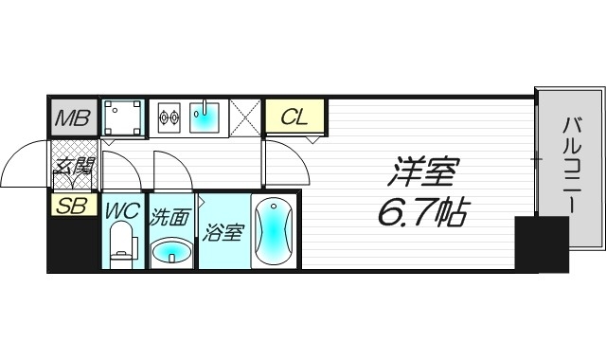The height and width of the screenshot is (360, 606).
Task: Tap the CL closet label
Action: click(294, 117)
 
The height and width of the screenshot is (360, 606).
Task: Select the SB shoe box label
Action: click(73, 205)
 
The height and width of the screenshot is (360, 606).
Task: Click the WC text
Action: click(122, 210)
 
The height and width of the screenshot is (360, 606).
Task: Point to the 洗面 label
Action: click(169, 216)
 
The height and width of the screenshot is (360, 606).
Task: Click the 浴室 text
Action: click(223, 232)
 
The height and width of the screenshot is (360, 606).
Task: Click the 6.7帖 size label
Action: click(422, 214)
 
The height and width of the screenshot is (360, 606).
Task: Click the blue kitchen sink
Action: click(205, 118)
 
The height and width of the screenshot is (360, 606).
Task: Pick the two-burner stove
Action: click(169, 118)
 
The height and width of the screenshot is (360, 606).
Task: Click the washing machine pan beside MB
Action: click(123, 118)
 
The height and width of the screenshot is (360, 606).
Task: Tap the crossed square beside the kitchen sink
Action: click(245, 118)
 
